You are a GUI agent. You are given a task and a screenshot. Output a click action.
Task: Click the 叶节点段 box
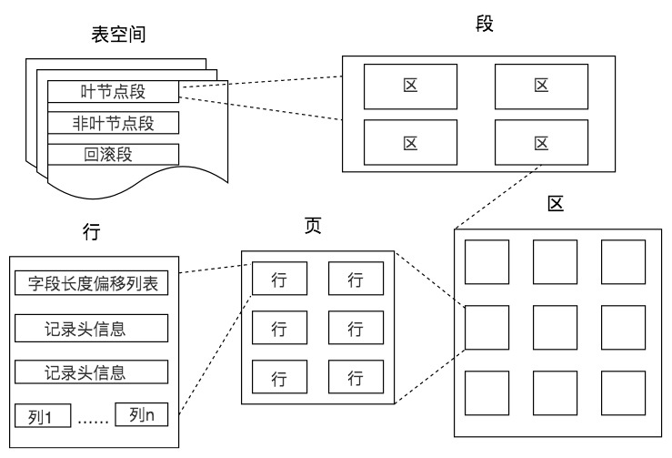114,90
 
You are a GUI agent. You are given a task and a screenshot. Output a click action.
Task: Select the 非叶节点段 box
114,122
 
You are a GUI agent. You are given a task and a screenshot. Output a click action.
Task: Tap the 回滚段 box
114,153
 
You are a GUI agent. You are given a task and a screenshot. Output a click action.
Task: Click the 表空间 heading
118,36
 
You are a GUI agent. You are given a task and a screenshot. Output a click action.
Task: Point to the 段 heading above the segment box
485,24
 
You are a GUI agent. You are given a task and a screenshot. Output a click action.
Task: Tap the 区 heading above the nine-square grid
556,203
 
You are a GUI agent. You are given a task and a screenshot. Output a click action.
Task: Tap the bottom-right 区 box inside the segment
540,142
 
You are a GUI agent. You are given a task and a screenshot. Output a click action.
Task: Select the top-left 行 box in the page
279,280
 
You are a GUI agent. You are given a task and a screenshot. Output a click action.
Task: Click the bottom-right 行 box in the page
356,377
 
